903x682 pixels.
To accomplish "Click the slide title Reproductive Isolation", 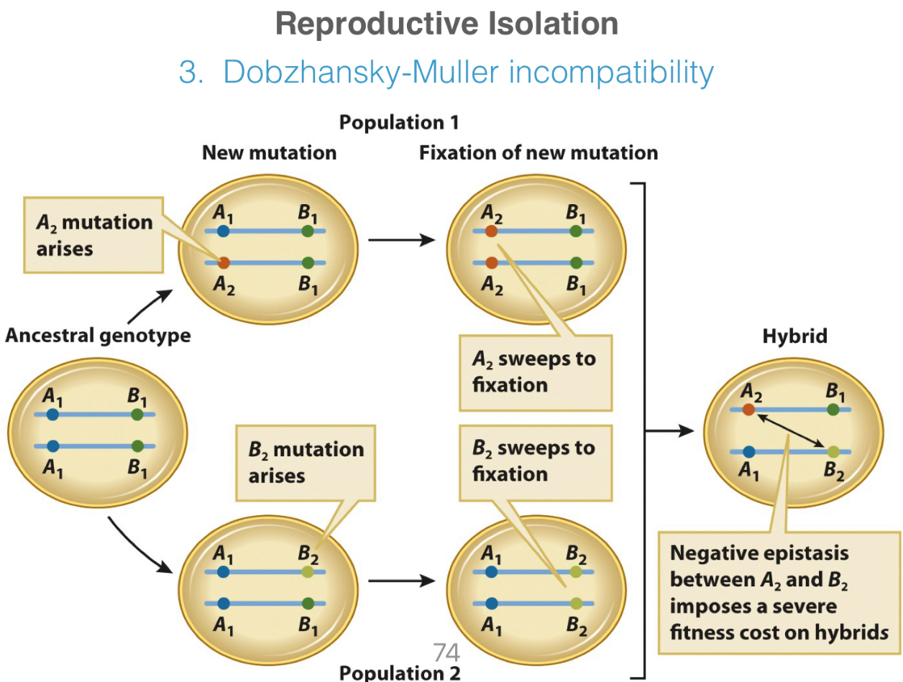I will pyautogui.click(x=446, y=25).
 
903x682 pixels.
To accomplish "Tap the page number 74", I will pyautogui.click(x=446, y=652).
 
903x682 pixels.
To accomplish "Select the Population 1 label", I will pyautogui.click(x=399, y=123).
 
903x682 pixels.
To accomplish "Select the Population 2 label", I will pyautogui.click(x=399, y=673).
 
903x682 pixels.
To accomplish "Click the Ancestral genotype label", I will pyautogui.click(x=98, y=336).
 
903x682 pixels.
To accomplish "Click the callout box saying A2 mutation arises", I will pyautogui.click(x=93, y=234).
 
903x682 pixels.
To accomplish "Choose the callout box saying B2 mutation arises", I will pyautogui.click(x=306, y=462).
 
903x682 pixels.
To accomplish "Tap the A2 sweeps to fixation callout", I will pyautogui.click(x=534, y=372).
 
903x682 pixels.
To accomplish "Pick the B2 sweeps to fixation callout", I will pyautogui.click(x=534, y=461).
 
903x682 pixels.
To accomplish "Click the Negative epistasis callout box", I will pyautogui.click(x=778, y=593).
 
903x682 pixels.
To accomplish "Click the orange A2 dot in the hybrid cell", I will pyautogui.click(x=748, y=410).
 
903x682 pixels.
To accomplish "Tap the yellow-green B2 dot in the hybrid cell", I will pyautogui.click(x=833, y=452).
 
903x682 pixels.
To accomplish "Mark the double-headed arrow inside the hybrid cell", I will pyautogui.click(x=790, y=430).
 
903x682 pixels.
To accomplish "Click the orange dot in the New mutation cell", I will pyautogui.click(x=224, y=263).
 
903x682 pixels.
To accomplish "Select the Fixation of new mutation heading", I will pyautogui.click(x=538, y=153).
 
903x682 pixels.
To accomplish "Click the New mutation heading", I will pyautogui.click(x=269, y=153).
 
